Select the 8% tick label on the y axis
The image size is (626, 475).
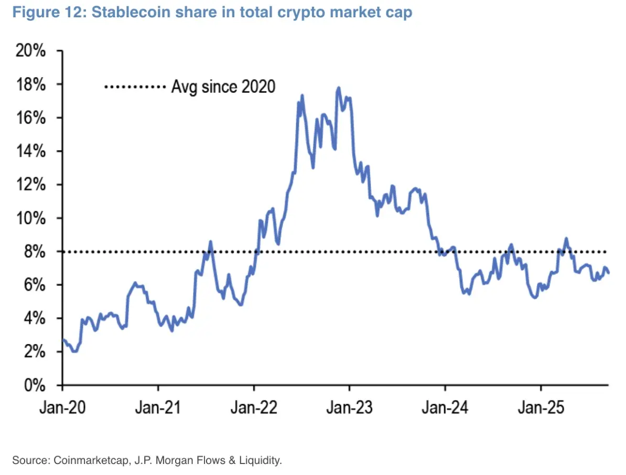coord(37,252)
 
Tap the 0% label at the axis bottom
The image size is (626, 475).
coord(37,385)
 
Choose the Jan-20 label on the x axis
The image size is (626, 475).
coord(62,407)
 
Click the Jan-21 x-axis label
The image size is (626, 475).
coord(158,407)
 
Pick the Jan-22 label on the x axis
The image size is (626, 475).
coord(254,407)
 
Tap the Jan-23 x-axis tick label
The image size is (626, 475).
coord(349,407)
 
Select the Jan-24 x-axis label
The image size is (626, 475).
coord(445,407)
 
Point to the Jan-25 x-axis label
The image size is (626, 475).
coord(541,407)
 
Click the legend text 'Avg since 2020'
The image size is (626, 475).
coord(223,86)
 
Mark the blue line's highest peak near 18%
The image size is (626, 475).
coord(339,88)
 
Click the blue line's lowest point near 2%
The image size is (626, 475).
coord(74,351)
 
